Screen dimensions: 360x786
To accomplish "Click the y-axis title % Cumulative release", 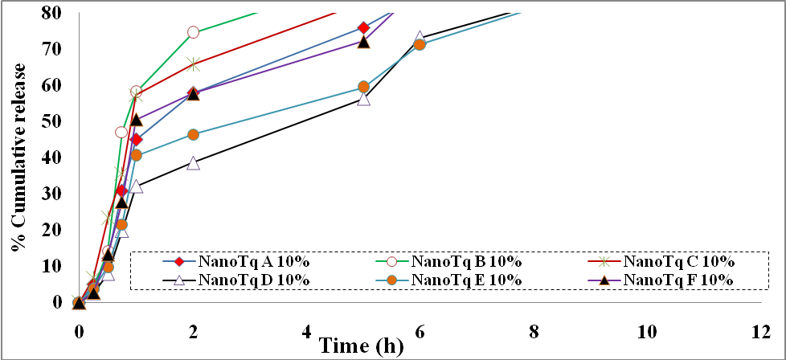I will click(x=18, y=161).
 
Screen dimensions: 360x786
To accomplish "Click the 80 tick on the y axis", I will click(x=50, y=13).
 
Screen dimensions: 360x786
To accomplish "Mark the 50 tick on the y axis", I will click(x=50, y=121).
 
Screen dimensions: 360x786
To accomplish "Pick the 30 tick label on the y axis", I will click(x=50, y=194).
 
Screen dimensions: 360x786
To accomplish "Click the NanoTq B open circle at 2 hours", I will click(x=193, y=32).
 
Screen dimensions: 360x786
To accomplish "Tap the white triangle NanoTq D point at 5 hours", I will click(x=363, y=99).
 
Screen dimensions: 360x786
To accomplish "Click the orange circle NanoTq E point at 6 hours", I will click(x=420, y=44).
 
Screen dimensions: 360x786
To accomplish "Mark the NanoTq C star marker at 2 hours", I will click(x=193, y=63).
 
